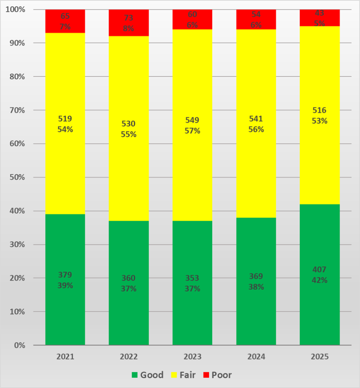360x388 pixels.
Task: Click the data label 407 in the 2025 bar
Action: click(x=320, y=269)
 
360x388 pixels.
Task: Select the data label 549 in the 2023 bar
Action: click(x=192, y=120)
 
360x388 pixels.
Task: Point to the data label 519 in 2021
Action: click(x=65, y=119)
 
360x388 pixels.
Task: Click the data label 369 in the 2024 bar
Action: click(x=256, y=276)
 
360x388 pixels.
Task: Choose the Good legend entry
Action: click(x=148, y=375)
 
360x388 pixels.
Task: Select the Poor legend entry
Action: click(x=217, y=375)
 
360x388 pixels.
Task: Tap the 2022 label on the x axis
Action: click(x=129, y=357)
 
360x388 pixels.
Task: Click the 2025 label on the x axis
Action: click(x=320, y=357)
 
